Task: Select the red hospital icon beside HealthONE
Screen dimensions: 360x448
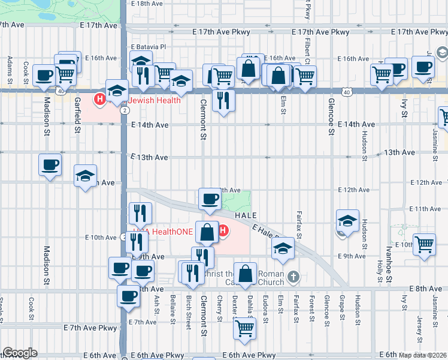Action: pos(223,230)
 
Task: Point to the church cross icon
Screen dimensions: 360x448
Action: pos(292,277)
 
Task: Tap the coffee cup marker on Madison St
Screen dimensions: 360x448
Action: pos(50,164)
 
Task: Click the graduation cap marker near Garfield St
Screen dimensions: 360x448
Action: pos(86,176)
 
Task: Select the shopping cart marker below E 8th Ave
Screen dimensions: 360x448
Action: pos(244,328)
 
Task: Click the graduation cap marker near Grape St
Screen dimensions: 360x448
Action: pos(347,220)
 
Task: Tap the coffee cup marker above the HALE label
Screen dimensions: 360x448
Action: pos(210,199)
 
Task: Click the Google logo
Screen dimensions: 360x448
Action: pos(20,353)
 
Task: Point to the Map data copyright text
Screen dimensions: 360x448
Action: pos(423,355)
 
